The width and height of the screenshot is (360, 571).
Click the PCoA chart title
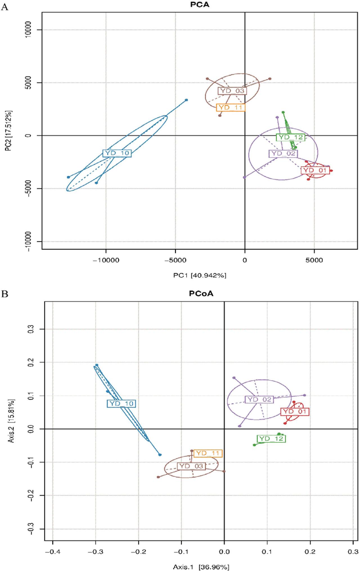pyautogui.click(x=201, y=294)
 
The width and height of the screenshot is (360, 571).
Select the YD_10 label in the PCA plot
pyautogui.click(x=117, y=153)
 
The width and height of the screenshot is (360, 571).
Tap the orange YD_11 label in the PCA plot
pyautogui.click(x=231, y=108)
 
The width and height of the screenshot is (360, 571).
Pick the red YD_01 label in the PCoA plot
pyautogui.click(x=295, y=411)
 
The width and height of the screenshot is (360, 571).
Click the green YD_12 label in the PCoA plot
pyautogui.click(x=271, y=438)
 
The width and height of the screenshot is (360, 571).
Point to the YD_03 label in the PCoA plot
pyautogui.click(x=191, y=466)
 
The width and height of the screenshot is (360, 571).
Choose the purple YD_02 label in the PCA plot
pyautogui.click(x=283, y=153)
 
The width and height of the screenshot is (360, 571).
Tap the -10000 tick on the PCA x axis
pyautogui.click(x=106, y=260)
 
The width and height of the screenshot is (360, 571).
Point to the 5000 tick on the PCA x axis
pyautogui.click(x=314, y=260)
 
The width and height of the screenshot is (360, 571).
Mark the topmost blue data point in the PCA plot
pyautogui.click(x=186, y=100)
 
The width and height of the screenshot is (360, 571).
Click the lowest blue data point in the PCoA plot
pyautogui.click(x=160, y=455)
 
